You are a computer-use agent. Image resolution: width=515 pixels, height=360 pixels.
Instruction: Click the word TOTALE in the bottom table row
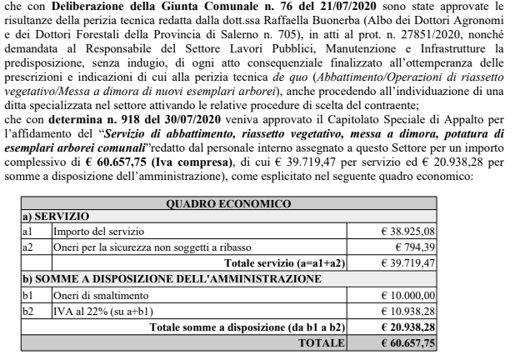coord(323,342)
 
